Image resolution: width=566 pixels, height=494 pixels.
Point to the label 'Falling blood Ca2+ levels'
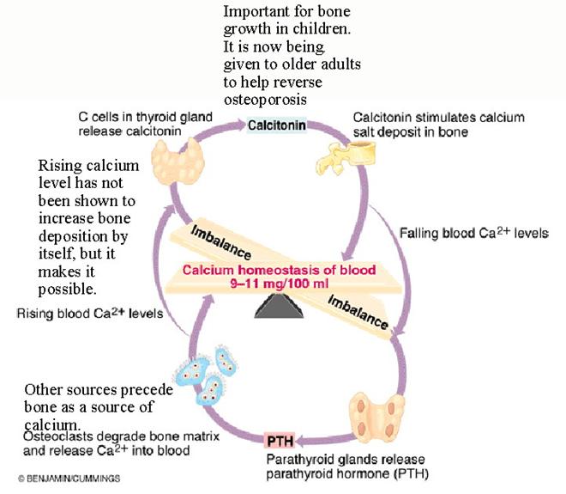point(474,233)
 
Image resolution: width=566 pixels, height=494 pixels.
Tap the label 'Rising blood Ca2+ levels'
point(90,314)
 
